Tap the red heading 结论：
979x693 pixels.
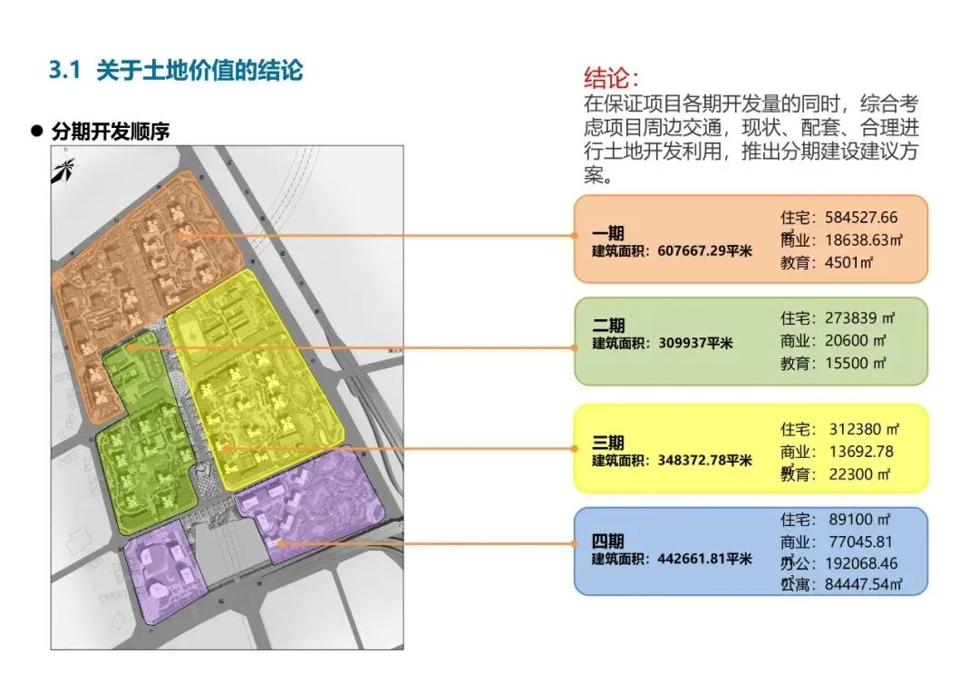(617, 76)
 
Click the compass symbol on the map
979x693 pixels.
(63, 169)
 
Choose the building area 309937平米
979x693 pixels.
(695, 343)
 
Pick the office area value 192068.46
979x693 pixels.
(861, 563)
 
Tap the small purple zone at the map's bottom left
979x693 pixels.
(159, 576)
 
